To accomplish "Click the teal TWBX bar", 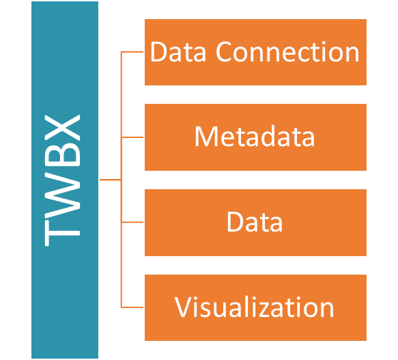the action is click(x=65, y=180).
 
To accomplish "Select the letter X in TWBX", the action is click(x=62, y=128).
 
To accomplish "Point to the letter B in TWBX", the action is click(x=62, y=155).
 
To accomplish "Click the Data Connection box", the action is click(x=255, y=52).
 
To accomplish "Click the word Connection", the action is click(x=287, y=52).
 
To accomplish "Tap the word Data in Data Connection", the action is click(x=178, y=52).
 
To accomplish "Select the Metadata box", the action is click(x=255, y=137).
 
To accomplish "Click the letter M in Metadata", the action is click(x=206, y=137).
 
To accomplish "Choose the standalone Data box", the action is click(x=255, y=223).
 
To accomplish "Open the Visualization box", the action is click(x=255, y=307).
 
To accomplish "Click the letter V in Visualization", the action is click(x=183, y=307).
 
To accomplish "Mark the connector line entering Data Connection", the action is click(x=132, y=52).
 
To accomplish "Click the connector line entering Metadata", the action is click(x=132, y=137).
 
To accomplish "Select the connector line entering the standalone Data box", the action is click(x=132, y=222).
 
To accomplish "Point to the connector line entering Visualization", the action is click(x=132, y=307).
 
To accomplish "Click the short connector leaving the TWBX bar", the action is click(x=111, y=180).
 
